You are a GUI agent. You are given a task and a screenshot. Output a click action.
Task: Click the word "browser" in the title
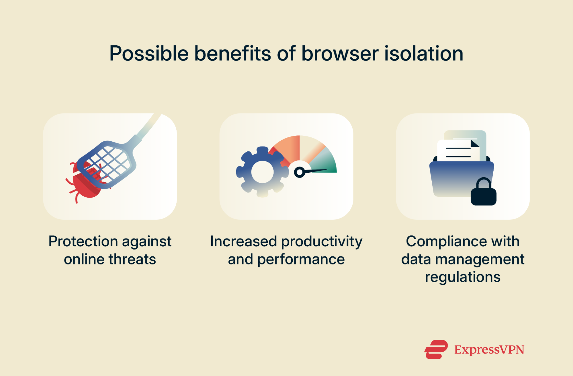tap(340, 54)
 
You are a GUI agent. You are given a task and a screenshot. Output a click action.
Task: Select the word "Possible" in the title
tap(149, 54)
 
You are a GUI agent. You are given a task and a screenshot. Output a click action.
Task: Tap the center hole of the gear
tap(262, 172)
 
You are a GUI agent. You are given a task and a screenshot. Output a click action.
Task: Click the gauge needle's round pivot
tap(300, 172)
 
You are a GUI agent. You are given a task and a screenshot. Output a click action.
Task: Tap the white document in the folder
tap(457, 151)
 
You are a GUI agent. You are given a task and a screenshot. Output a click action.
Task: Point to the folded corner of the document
tap(474, 143)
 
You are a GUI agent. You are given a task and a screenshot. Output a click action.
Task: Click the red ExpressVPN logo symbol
tap(436, 349)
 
